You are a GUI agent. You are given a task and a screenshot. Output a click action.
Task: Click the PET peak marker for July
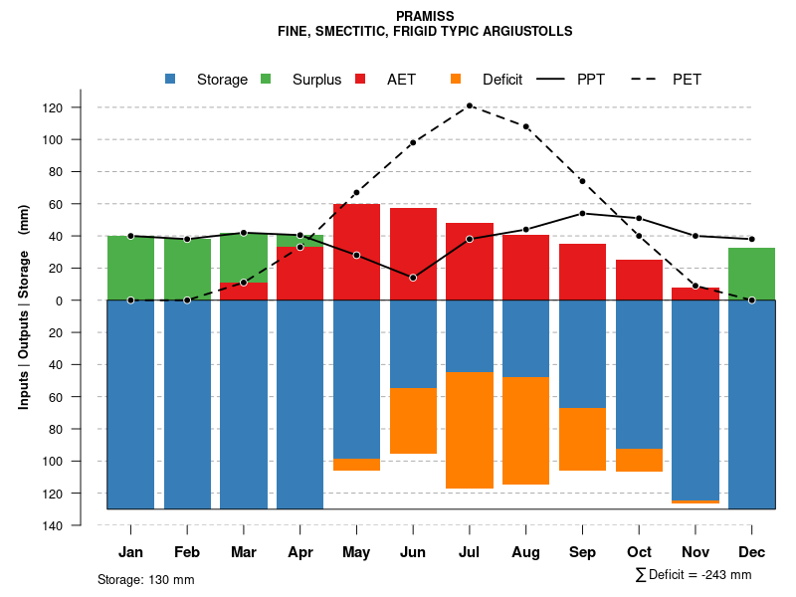(470, 105)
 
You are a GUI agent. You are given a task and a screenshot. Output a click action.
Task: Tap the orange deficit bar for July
(470, 430)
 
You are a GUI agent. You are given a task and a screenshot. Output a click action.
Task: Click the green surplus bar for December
(751, 274)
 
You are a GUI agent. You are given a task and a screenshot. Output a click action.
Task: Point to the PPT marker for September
(582, 213)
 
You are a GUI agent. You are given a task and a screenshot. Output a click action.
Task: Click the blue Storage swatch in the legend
(171, 80)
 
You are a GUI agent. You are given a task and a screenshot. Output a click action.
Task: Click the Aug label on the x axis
(525, 552)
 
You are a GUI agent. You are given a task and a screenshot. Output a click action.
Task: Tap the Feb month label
(187, 552)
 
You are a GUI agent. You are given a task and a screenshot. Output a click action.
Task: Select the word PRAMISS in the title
(425, 16)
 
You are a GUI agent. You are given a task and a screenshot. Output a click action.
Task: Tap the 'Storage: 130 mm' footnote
(146, 579)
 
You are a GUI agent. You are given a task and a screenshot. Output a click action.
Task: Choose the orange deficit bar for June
(413, 420)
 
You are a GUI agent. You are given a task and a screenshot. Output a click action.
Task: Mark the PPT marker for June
(413, 278)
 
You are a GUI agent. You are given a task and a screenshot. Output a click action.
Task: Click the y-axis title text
(24, 306)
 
